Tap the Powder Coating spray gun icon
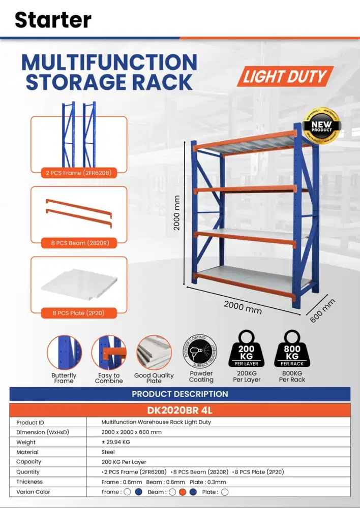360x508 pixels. [201, 351]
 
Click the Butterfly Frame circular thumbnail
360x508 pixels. [64, 352]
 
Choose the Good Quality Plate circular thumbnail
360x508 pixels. [154, 352]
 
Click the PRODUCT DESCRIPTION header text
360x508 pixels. [180, 394]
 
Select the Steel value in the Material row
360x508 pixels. [108, 452]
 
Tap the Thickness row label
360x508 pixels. [29, 482]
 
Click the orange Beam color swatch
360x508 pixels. [183, 492]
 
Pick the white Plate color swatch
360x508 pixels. [225, 492]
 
